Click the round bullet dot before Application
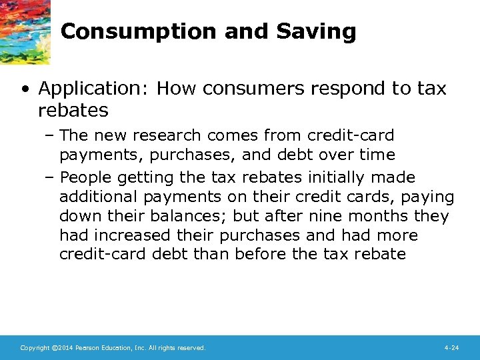25,89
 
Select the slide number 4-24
451,348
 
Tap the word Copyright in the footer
34,348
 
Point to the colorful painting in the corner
23,30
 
